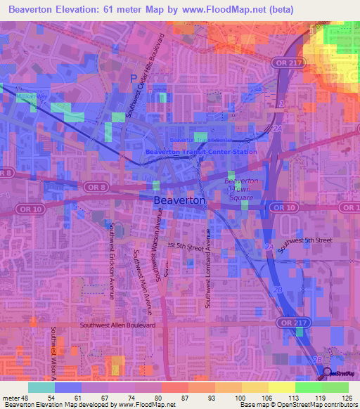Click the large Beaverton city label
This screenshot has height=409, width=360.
pos(179,200)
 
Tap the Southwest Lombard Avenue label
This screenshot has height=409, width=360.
pos(208,268)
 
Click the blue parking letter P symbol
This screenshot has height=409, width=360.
pos(134,78)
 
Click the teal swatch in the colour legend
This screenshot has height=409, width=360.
pos(41,387)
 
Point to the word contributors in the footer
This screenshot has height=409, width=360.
pos(338,405)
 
